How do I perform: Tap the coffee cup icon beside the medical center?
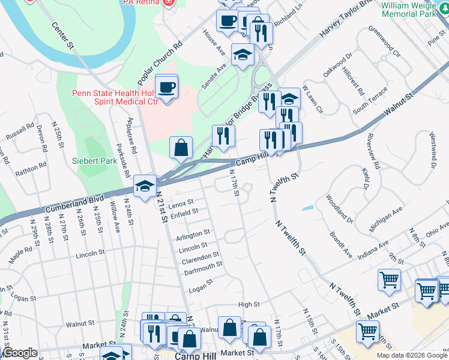167,88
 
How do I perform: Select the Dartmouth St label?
203,265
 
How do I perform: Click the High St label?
249,305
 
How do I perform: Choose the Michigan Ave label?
386,220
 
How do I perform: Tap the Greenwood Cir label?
384,40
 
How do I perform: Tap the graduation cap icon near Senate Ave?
243,55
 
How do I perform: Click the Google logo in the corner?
20,353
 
